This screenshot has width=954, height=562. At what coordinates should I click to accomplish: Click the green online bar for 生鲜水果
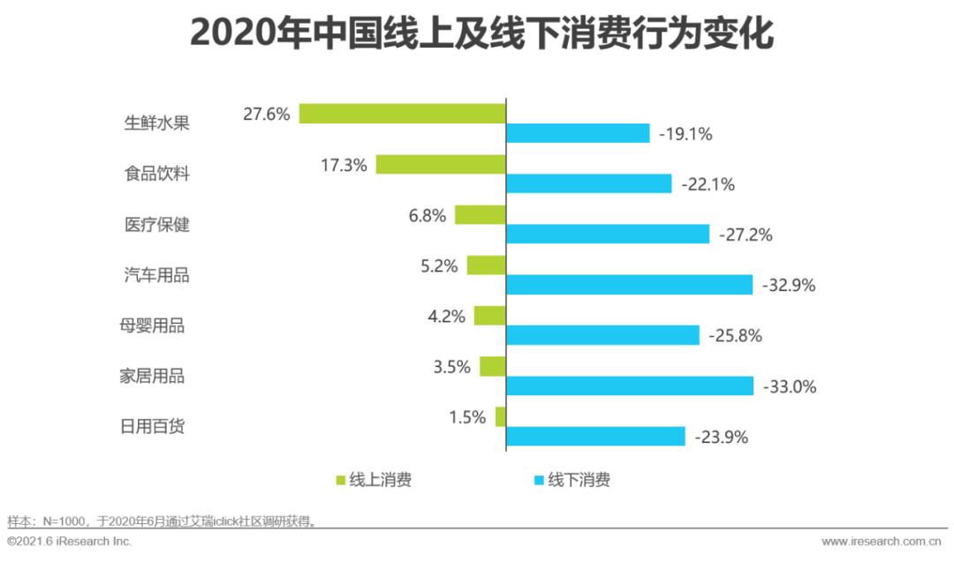click(x=402, y=113)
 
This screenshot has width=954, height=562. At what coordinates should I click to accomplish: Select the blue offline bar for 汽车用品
click(x=629, y=285)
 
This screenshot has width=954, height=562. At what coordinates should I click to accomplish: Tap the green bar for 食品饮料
click(x=441, y=164)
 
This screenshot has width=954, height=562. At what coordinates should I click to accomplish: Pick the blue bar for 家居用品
click(x=630, y=386)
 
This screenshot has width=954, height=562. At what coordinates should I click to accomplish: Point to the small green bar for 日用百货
click(x=501, y=416)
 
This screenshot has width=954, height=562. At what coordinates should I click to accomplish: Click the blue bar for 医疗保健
click(x=608, y=234)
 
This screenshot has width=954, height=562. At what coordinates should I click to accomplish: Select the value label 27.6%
click(x=267, y=114)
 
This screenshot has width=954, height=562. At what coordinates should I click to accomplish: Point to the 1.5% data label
click(x=467, y=417)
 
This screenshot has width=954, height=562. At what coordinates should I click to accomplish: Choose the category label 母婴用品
click(x=152, y=326)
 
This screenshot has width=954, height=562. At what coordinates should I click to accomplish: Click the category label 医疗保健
click(x=157, y=224)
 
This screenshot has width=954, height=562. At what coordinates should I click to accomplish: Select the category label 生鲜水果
click(x=157, y=123)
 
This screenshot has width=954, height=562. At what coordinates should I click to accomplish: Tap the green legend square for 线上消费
click(x=341, y=481)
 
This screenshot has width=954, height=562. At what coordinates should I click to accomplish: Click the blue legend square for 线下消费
click(x=538, y=481)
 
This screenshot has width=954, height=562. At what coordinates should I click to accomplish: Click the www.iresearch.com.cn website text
click(x=881, y=541)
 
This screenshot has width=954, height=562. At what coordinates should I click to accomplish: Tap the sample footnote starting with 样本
click(x=162, y=521)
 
